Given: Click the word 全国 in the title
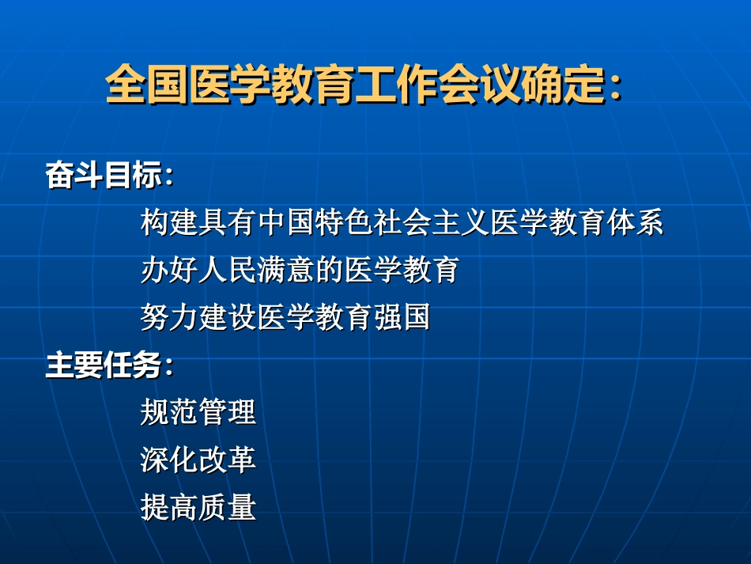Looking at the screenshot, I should tap(147, 85).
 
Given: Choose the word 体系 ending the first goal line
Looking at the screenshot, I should tap(636, 224).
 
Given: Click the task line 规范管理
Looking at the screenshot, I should tap(198, 413).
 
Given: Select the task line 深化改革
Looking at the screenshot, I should tap(198, 460).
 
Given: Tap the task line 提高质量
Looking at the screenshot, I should tap(198, 508).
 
